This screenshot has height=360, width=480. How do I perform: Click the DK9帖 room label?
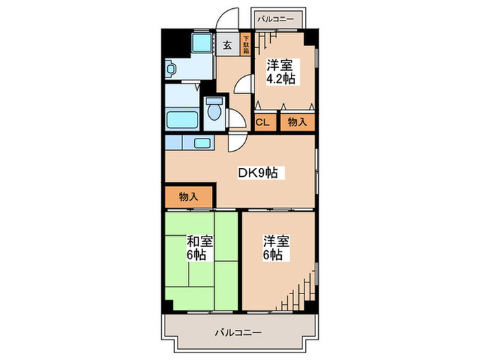[x=258, y=173]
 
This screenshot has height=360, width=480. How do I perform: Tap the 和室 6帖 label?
[x=200, y=249]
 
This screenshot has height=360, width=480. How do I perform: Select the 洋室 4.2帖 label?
[x=280, y=72]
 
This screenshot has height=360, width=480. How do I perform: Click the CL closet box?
[x=263, y=123]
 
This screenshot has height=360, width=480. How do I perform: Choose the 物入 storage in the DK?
[x=189, y=197]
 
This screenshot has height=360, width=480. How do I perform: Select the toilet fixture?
[x=214, y=109]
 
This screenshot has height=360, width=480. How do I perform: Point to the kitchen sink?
[x=203, y=144]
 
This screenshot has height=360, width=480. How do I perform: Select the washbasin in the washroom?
[x=171, y=69]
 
